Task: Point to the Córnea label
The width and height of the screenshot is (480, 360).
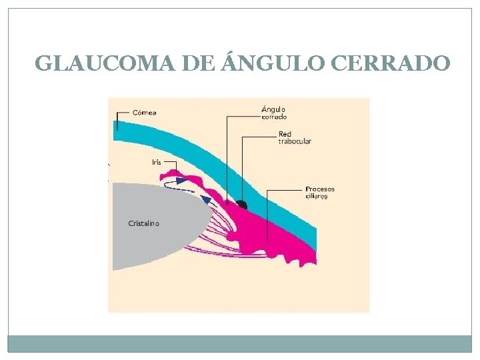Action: click(144, 112)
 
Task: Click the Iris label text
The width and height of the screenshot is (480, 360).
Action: click(155, 162)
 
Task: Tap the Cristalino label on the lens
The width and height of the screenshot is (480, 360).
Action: click(143, 223)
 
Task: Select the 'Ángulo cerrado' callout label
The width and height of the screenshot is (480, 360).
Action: click(274, 112)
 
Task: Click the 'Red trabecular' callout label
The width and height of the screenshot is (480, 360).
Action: click(295, 137)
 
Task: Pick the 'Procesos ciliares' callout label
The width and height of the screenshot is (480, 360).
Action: click(320, 192)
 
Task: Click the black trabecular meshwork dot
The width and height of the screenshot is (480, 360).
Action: click(241, 204)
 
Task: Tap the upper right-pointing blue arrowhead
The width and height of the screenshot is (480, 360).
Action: click(181, 181)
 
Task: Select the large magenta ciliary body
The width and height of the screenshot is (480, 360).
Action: click(267, 233)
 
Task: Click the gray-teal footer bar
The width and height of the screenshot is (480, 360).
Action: click(240, 343)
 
